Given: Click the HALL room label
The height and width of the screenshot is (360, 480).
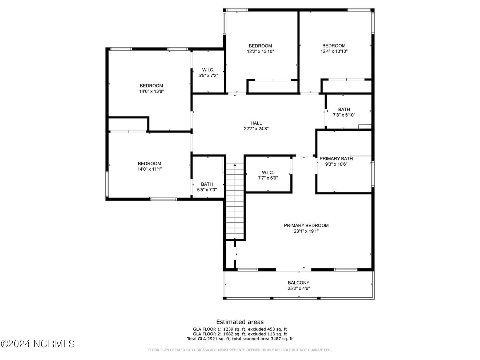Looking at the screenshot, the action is coord(256,123).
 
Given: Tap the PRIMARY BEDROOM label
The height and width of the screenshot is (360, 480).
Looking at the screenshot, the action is coord(306,225).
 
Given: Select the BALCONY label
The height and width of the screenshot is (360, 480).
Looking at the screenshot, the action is coord(299,283).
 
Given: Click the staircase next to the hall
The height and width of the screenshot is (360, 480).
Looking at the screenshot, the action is coord(235,202).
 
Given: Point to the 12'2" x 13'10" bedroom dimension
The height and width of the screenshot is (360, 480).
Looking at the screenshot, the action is coord(260,51).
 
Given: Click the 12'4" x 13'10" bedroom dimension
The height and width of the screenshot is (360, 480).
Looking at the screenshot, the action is coord(334,51).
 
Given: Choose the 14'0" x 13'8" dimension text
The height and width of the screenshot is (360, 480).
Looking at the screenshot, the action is coord(151,91).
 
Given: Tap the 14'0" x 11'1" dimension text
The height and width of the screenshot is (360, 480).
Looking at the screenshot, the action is coord(149,169).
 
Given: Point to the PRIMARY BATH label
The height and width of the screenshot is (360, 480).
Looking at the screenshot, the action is coord(336,159).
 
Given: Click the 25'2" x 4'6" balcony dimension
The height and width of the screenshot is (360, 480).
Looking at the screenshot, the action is coord(299,288).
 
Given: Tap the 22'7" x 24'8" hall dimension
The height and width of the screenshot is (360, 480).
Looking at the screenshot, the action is coord(256,129).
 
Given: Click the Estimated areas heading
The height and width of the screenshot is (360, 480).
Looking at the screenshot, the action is coord(240,322).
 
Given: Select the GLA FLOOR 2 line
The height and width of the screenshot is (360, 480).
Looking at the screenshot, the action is coord(240,334).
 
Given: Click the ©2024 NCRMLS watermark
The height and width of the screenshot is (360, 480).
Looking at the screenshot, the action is coord(38,344).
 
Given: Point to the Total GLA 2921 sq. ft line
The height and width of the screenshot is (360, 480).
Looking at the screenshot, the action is coord(240,339).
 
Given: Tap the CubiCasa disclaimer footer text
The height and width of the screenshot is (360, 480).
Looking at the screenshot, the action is coord(240,350).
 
